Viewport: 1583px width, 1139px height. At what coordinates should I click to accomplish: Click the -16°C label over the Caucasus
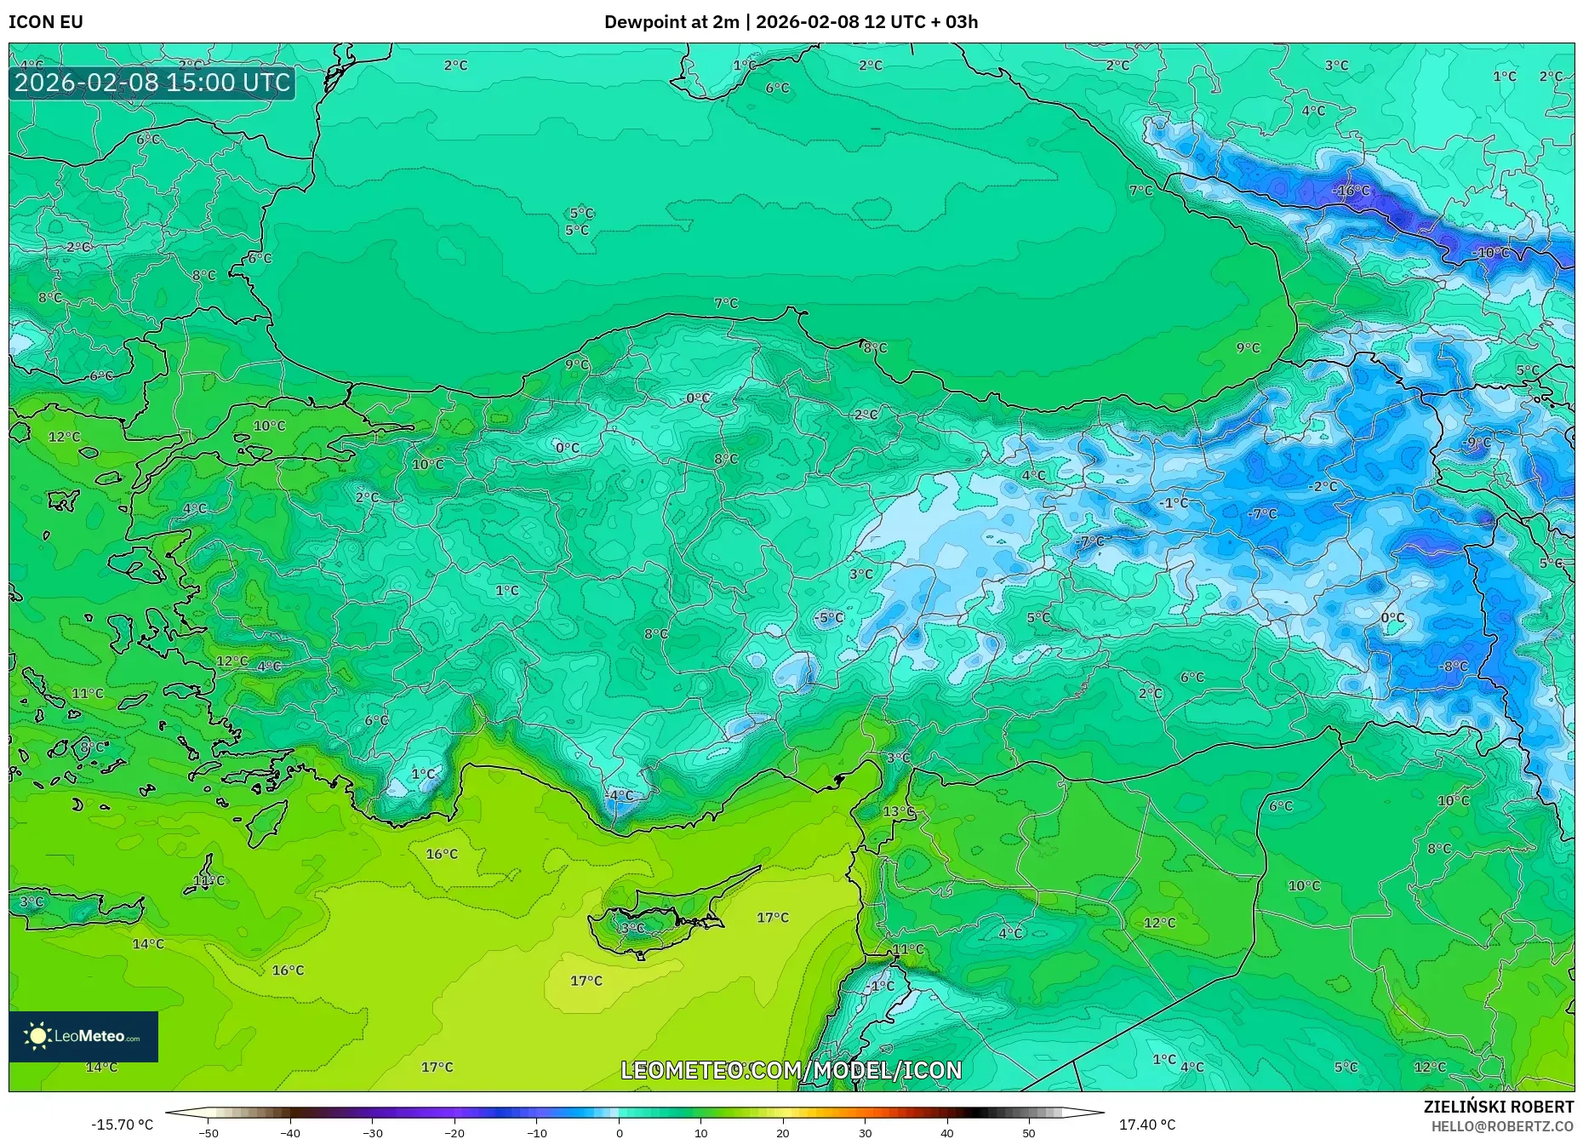1352,191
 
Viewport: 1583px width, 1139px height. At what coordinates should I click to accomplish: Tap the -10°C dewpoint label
1492,253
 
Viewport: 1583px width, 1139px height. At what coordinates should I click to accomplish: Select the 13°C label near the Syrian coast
898,811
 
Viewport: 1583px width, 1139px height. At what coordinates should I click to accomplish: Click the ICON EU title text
46,22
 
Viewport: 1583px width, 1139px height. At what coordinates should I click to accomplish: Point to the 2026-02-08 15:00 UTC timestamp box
152,83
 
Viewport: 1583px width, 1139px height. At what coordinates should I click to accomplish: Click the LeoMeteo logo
83,1036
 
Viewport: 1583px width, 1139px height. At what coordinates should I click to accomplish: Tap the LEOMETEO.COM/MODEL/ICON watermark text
791,1070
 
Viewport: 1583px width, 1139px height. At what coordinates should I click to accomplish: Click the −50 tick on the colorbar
209,1132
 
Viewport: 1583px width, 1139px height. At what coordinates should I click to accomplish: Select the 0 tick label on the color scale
620,1132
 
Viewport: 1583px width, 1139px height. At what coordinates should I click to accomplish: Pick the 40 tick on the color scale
947,1132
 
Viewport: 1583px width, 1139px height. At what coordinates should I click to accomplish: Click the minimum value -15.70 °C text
123,1125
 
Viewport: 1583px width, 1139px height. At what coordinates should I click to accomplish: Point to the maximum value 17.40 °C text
1146,1125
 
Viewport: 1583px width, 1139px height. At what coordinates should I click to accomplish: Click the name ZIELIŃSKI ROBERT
1498,1107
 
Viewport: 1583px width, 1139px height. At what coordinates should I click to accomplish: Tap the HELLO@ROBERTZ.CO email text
1501,1126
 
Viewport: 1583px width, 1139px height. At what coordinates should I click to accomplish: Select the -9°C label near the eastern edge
1477,443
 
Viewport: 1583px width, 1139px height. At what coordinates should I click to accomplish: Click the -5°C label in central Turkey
829,617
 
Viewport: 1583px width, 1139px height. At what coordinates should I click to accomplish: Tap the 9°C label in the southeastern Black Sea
1248,347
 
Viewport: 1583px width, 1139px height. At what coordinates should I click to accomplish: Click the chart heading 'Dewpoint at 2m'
671,22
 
